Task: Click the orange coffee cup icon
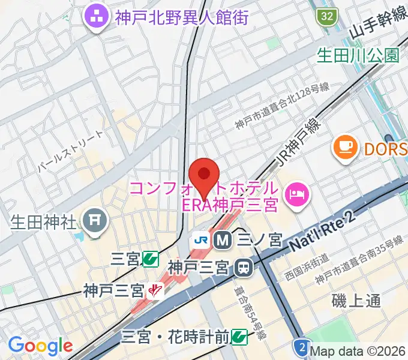[344, 146]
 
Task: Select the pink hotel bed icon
[296, 193]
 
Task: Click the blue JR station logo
[200, 239]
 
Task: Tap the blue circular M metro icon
[222, 239]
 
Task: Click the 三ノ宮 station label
[259, 240]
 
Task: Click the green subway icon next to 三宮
[150, 259]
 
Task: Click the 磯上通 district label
[356, 301]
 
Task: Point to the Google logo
[40, 346]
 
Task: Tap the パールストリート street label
[70, 153]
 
